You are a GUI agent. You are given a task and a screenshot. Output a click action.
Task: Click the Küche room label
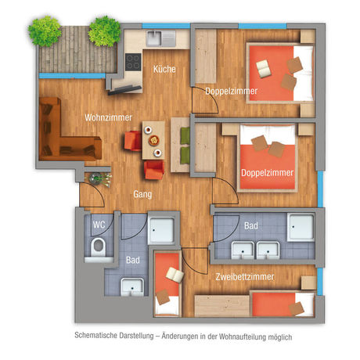tap(164, 70)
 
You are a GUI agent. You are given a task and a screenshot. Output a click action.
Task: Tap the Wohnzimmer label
tap(108, 118)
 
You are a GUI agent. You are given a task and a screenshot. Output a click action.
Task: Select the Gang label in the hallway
tap(142, 193)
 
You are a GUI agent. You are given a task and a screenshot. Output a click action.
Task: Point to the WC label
tap(99, 225)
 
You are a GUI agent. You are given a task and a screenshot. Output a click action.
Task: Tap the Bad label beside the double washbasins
tap(250, 225)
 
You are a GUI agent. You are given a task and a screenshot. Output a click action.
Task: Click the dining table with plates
tap(154, 143)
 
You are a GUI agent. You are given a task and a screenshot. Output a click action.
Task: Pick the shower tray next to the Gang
tap(165, 229)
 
